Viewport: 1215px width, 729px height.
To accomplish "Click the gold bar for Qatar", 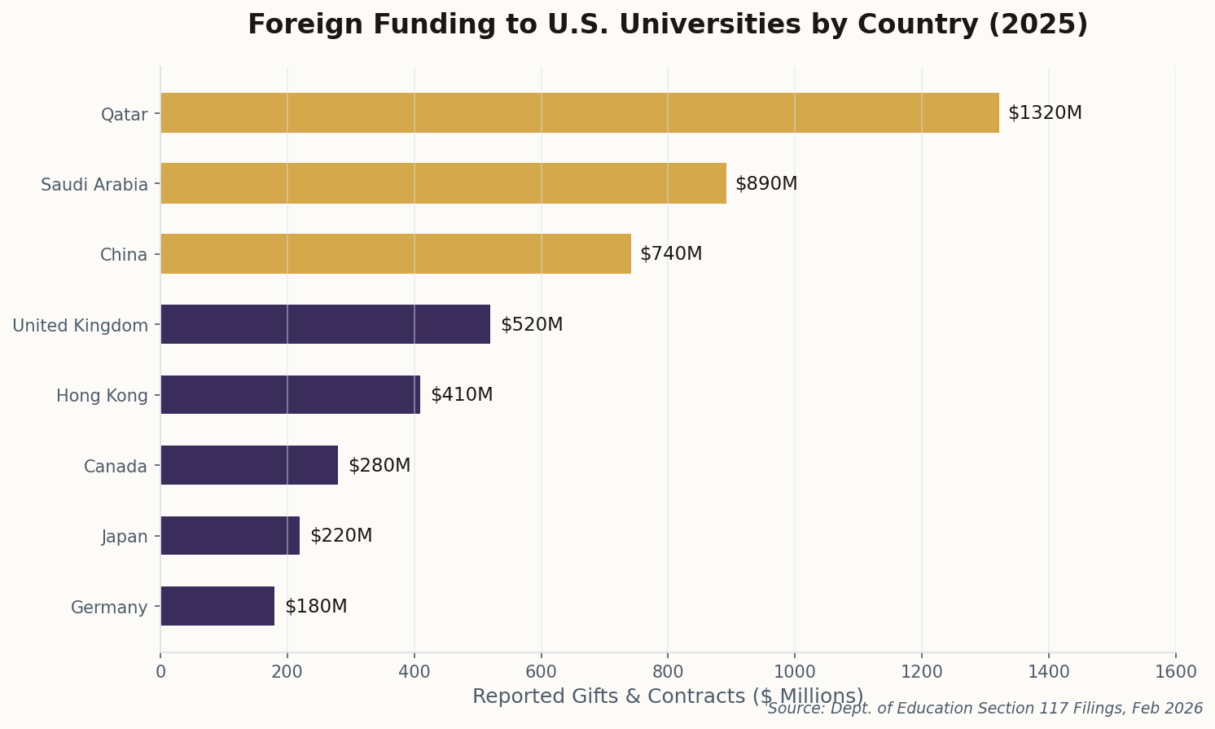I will click(x=579, y=113).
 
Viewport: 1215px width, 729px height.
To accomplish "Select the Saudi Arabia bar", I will click(x=443, y=183).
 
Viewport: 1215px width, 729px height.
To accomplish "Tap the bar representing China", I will click(x=396, y=253).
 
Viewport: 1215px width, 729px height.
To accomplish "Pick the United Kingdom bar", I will click(x=325, y=324).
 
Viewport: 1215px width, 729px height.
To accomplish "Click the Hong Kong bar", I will click(x=290, y=395).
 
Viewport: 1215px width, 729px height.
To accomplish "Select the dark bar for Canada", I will click(x=249, y=465).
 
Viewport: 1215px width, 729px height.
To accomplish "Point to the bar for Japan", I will click(x=230, y=536).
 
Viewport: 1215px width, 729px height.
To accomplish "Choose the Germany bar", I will click(x=217, y=606).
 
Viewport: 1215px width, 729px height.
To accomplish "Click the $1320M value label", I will click(x=1045, y=113).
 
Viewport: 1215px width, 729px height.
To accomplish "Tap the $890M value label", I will click(x=766, y=183).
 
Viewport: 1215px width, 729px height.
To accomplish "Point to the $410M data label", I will click(x=462, y=395).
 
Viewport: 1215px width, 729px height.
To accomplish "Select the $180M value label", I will click(x=316, y=607).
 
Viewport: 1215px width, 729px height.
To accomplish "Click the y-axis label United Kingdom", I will click(x=81, y=326).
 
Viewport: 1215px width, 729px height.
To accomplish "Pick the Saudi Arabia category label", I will click(x=94, y=185).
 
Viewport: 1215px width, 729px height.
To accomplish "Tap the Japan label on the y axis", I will click(x=125, y=537).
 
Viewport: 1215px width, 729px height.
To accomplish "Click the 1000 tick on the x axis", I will click(x=795, y=672).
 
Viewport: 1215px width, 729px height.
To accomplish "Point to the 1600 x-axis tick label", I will click(x=1175, y=672).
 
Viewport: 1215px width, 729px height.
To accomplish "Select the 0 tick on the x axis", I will click(x=160, y=672).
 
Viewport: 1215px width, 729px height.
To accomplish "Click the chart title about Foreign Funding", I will click(x=668, y=24).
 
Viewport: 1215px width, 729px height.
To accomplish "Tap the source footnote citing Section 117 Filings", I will click(x=985, y=709).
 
